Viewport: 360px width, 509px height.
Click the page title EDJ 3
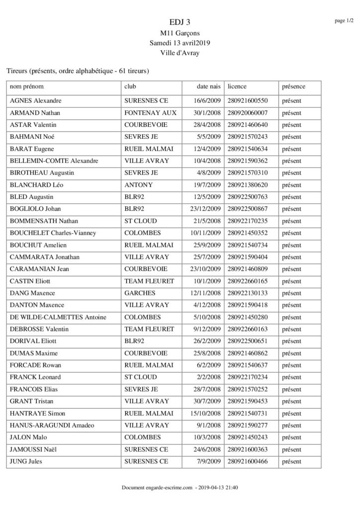click(180, 22)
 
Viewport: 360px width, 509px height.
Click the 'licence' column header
click(237, 86)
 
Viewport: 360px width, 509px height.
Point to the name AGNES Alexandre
click(36, 100)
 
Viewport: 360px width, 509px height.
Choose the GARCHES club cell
click(139, 293)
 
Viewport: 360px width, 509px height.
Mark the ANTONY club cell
click(138, 185)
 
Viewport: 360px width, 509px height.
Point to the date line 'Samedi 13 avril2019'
click(180, 44)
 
